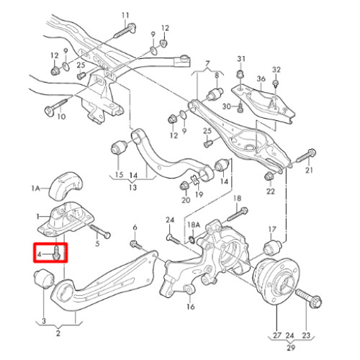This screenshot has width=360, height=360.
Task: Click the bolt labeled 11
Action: click(125, 31)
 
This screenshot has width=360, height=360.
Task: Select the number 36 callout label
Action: click(261, 78)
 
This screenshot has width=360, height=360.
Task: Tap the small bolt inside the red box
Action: click(56, 252)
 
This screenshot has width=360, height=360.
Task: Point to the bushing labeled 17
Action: click(273, 247)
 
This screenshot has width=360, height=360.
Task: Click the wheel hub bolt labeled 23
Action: click(309, 298)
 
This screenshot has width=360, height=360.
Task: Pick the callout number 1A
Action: click(35, 189)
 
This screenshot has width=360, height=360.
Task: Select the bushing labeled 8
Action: click(215, 94)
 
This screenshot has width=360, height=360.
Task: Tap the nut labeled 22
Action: click(269, 176)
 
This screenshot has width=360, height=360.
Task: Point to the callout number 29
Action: click(291, 348)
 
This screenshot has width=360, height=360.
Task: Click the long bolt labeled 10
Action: click(55, 107)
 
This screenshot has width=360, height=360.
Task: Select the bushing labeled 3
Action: click(44, 279)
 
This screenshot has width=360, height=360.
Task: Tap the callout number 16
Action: click(191, 307)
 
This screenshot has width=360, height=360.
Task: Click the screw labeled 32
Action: click(275, 84)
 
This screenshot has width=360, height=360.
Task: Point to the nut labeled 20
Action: click(185, 186)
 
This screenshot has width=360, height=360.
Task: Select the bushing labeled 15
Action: click(120, 147)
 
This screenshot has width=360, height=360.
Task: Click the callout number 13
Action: click(132, 187)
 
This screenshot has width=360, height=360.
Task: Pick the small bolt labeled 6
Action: click(136, 245)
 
